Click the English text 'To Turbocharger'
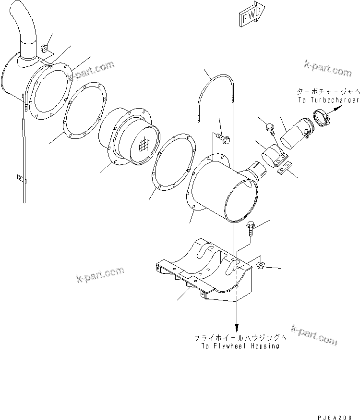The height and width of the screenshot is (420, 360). (x=328, y=99)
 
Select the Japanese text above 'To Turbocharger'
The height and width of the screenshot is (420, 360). (x=328, y=91)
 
